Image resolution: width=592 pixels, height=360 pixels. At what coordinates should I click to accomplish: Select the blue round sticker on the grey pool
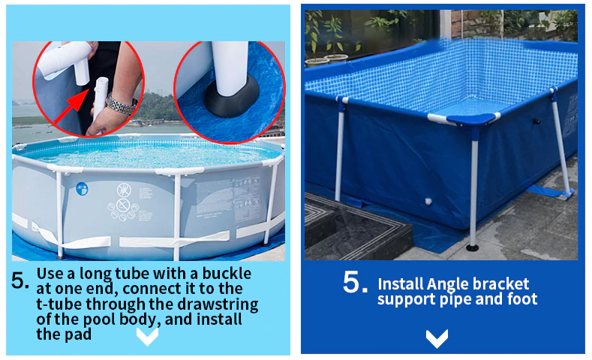tap(82, 189)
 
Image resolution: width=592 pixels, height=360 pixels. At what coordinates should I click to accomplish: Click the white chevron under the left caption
tap(147, 337)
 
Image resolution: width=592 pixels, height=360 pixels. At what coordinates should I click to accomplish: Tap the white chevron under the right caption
tap(437, 338)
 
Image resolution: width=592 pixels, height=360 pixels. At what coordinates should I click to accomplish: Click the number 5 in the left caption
tap(20, 280)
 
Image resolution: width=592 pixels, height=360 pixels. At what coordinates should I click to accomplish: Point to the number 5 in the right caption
tap(355, 283)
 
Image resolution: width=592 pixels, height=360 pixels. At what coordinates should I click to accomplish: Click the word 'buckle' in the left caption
tap(227, 274)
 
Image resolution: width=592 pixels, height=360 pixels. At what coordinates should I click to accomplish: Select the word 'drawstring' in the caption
tap(218, 304)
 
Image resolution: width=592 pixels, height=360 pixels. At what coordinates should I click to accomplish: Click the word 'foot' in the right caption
tap(522, 298)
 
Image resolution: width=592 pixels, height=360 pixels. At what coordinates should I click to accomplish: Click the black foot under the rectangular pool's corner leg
tap(472, 247)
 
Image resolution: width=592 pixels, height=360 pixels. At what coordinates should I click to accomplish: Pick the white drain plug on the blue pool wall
tap(428, 202)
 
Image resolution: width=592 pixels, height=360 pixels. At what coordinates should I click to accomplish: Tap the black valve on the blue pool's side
tap(536, 121)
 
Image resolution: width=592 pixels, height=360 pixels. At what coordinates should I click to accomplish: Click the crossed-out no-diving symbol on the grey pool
tap(124, 190)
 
